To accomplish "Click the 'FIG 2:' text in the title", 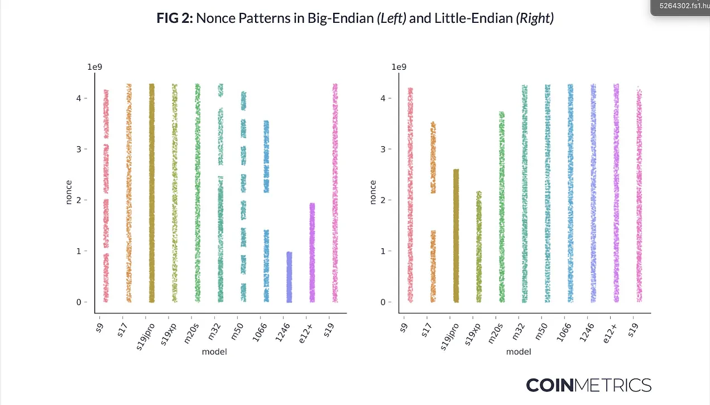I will click(174, 18).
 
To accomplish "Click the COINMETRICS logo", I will click(588, 385).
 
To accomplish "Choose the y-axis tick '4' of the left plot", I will click(78, 98).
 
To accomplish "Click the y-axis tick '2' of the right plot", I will click(382, 200).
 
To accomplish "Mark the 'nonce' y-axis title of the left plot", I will click(69, 192).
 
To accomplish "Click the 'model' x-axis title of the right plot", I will click(519, 352).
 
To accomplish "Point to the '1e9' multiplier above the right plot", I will click(399, 67).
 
